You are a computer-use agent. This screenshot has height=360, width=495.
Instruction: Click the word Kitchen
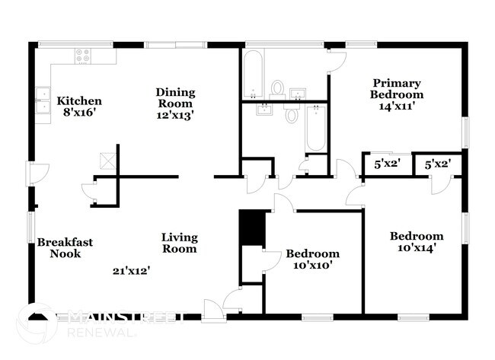80,100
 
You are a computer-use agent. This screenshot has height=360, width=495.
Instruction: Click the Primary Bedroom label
397,88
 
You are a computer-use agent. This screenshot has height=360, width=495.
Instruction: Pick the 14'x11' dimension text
397,107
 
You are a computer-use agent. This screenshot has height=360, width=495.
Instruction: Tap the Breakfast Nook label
65,248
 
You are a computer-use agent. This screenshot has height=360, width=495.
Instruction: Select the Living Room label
179,243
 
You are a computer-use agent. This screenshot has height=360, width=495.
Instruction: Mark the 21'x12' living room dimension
131,270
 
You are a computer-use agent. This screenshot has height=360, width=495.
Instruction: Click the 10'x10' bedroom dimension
312,266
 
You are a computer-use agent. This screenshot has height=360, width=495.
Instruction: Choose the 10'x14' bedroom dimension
416,248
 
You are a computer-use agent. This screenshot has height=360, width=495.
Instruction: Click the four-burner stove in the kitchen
82,55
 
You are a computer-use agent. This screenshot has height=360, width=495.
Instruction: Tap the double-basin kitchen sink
43,100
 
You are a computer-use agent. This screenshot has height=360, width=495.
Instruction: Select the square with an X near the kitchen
106,161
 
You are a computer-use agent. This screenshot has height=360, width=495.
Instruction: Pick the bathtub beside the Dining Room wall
254,74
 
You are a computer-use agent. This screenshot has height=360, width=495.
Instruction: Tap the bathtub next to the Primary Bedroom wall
315,128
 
